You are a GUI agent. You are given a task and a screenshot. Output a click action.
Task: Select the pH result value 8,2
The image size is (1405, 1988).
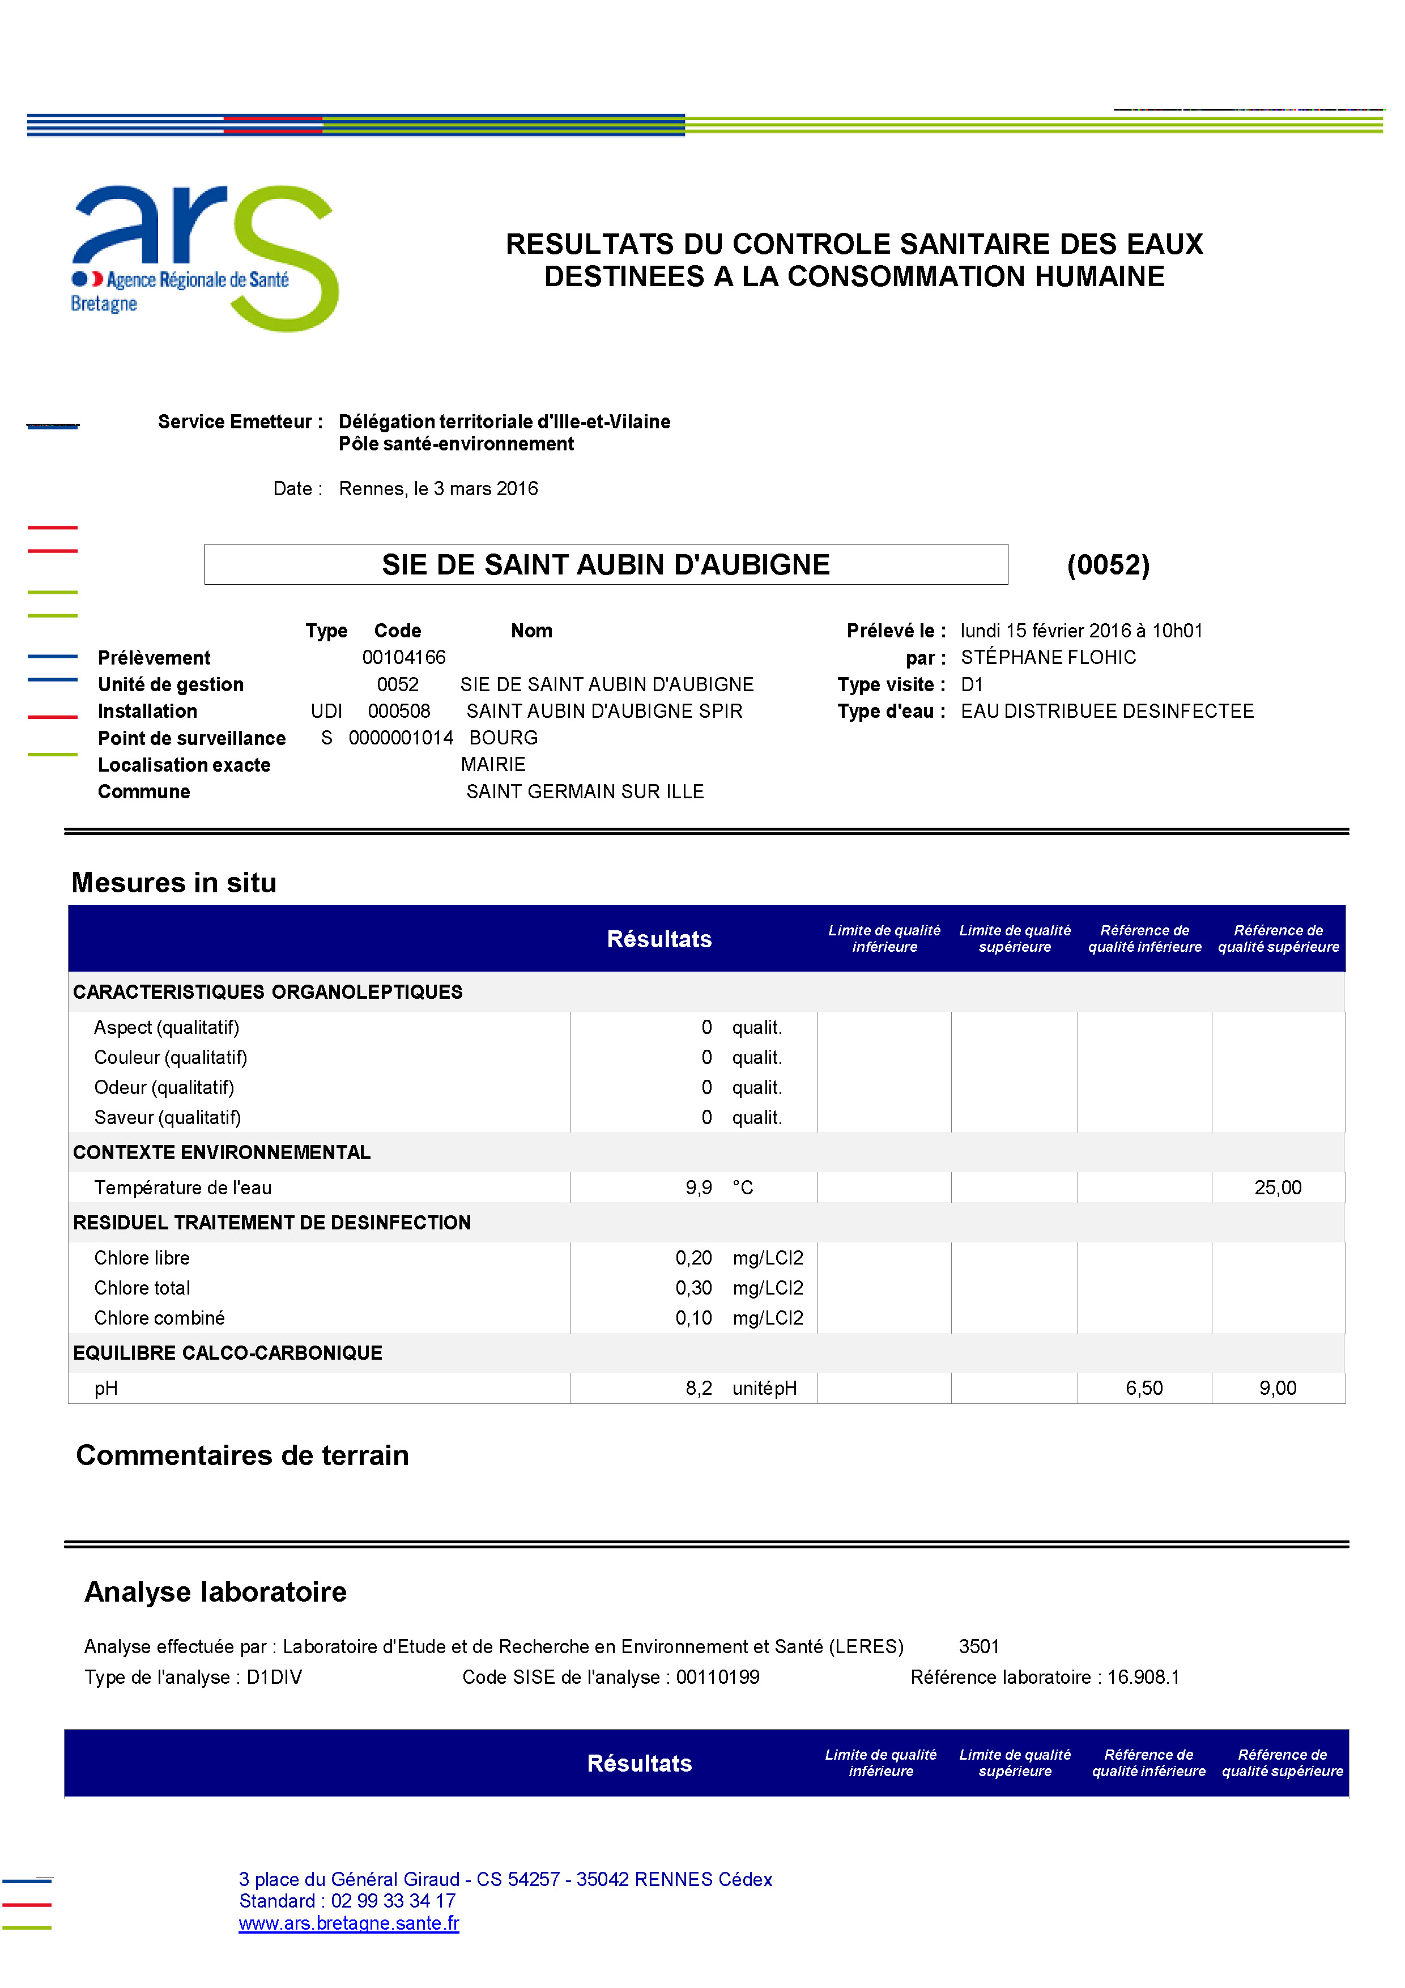click(x=699, y=1388)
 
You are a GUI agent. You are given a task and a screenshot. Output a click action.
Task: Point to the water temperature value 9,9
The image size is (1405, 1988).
click(x=699, y=1187)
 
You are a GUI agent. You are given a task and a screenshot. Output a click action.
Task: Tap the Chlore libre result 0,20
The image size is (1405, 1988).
click(x=693, y=1257)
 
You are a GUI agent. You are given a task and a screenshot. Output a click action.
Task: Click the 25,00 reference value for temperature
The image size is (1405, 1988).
click(x=1277, y=1187)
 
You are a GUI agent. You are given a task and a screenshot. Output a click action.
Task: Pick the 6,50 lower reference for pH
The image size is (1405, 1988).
click(x=1144, y=1388)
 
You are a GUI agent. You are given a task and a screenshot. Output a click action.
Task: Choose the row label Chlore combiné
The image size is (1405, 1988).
click(x=159, y=1318)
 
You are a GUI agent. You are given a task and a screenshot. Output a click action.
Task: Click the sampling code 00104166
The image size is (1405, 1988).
click(x=403, y=657)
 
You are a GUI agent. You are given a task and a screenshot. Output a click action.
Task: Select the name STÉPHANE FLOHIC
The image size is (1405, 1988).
click(x=1048, y=657)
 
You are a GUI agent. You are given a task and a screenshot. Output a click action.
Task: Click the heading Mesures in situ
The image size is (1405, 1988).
click(x=174, y=882)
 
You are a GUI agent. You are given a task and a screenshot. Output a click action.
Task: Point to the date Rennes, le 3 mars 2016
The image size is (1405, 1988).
click(x=438, y=488)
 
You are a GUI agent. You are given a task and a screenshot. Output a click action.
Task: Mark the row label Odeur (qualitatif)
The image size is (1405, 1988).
click(x=164, y=1088)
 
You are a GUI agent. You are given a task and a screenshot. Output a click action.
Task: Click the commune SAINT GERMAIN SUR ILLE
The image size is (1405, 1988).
click(x=584, y=791)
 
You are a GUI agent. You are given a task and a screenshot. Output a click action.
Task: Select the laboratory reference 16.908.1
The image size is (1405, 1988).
click(x=1143, y=1677)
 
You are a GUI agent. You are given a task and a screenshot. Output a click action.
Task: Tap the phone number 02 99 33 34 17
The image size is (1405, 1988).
click(x=393, y=1901)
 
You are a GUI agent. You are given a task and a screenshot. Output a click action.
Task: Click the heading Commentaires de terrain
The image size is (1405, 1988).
click(x=242, y=1455)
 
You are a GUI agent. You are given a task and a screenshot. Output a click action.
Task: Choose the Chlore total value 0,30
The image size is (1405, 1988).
click(x=693, y=1288)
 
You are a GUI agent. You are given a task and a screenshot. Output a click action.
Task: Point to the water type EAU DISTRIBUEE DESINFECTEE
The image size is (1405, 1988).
click(x=1106, y=711)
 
